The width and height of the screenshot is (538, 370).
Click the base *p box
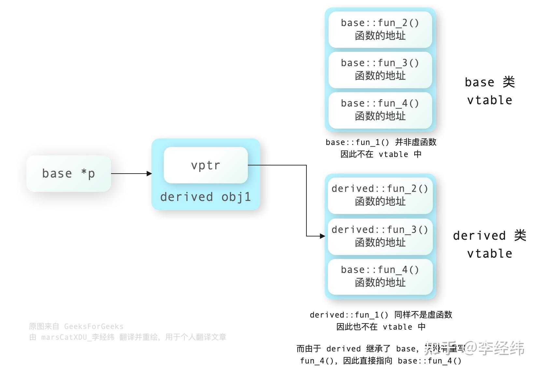[x=68, y=173]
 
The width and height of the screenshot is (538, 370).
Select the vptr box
[x=205, y=165]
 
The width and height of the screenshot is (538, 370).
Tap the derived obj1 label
[x=205, y=197]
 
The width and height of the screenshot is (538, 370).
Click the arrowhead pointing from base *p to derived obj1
[x=149, y=174]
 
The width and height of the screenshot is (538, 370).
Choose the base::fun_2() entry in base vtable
[x=380, y=29]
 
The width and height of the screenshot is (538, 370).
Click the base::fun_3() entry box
[x=380, y=69]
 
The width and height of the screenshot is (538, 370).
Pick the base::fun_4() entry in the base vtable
[x=380, y=110]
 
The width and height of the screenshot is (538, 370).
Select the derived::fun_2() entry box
[x=380, y=195]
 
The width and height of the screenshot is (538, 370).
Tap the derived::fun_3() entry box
[x=380, y=236]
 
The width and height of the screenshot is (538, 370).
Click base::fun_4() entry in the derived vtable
[x=380, y=276]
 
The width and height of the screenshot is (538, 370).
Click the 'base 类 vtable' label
[x=489, y=91]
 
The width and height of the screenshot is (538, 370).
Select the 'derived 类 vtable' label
[x=489, y=244]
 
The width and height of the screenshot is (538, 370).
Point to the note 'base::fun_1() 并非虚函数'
[x=381, y=142]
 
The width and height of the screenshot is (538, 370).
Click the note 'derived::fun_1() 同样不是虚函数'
[x=381, y=315]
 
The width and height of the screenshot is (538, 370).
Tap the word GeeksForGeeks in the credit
[x=94, y=326]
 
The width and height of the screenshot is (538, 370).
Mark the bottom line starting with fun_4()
[x=381, y=361]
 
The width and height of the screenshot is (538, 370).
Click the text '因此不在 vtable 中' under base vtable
[x=381, y=154]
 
